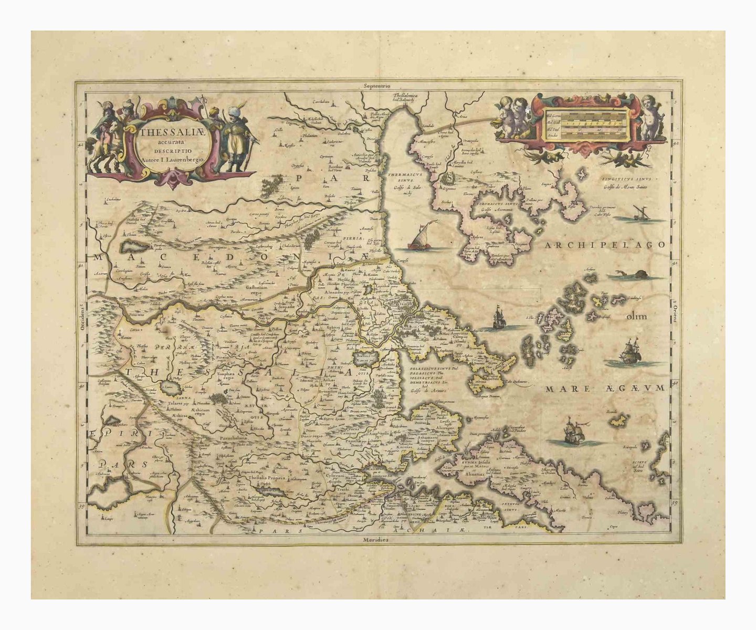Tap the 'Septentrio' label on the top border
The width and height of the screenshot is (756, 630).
point(377,85)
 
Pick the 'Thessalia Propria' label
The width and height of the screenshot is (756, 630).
point(268,479)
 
